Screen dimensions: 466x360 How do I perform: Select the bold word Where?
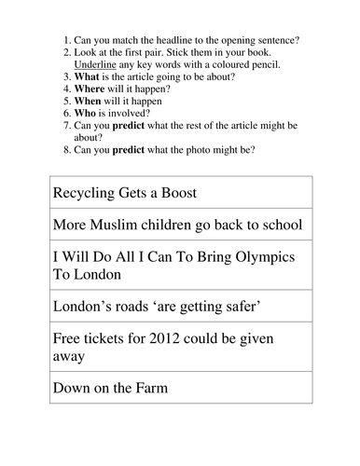click(x=95, y=91)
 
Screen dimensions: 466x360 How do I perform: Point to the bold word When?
click(x=93, y=106)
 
